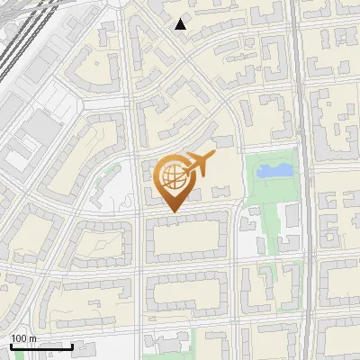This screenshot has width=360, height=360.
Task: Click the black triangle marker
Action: click(181, 24)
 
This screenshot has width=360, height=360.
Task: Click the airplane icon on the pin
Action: click(199, 163)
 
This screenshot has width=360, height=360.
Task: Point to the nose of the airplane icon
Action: click(213, 157)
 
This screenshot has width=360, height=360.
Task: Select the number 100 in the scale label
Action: click(19, 338)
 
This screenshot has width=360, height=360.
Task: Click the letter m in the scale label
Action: click(32, 338)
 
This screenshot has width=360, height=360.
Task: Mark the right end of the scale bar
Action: click(73, 346)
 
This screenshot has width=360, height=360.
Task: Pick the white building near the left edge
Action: click(17, 159)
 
